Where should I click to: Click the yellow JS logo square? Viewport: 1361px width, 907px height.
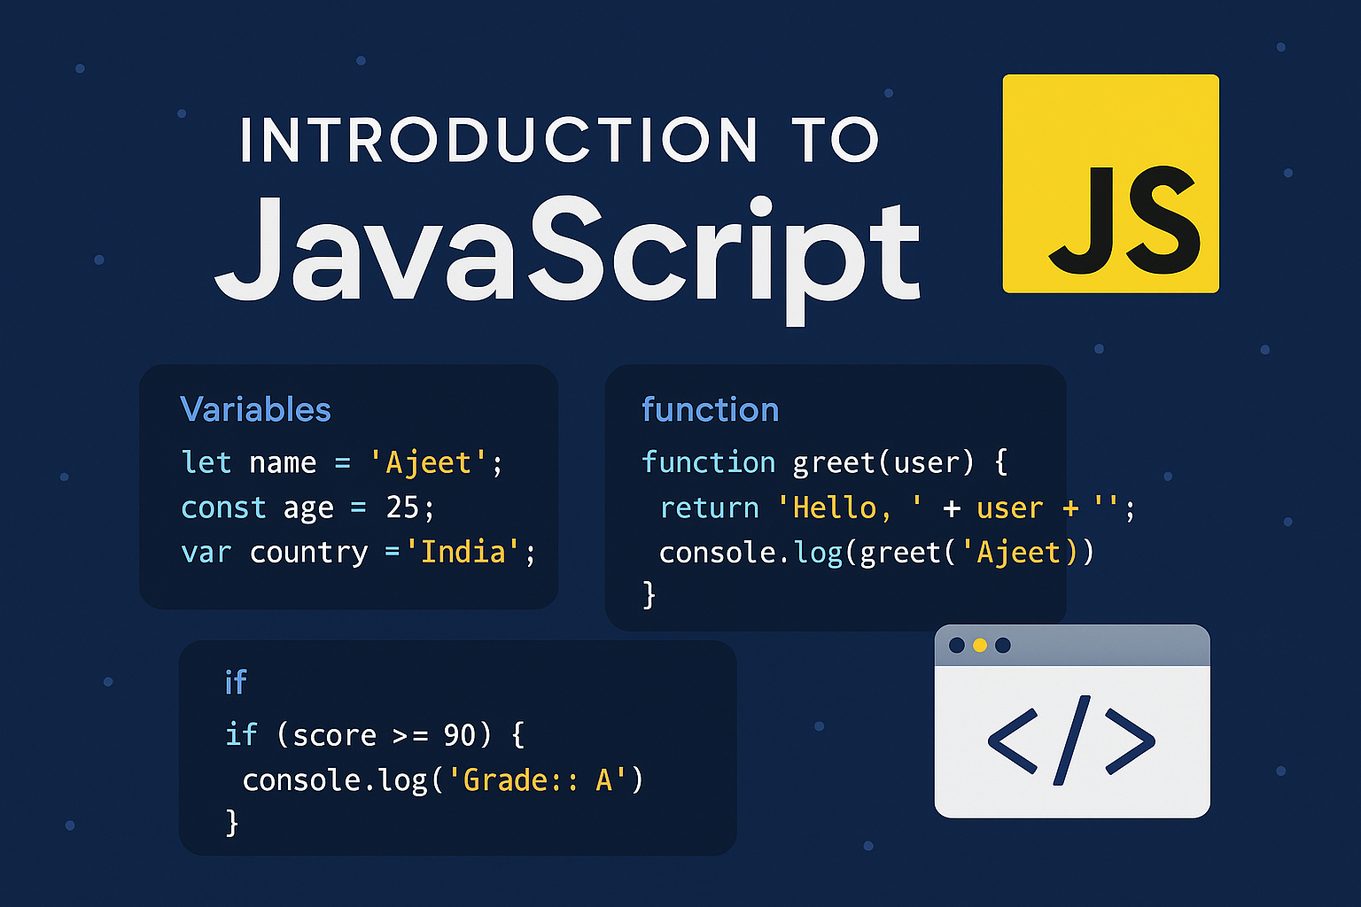(1110, 183)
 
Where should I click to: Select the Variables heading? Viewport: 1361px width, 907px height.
(256, 409)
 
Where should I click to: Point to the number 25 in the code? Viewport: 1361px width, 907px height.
(402, 507)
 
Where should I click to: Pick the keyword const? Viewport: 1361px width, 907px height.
(223, 508)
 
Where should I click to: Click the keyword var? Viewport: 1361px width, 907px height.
(206, 553)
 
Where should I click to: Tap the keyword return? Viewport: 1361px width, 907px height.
(710, 508)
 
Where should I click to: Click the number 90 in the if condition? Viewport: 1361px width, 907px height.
(459, 735)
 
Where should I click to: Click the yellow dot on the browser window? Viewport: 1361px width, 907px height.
(979, 645)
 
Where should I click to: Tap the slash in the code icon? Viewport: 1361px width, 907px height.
(1071, 740)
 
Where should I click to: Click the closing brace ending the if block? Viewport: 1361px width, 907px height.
(231, 823)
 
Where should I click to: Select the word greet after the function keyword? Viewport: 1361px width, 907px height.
(834, 463)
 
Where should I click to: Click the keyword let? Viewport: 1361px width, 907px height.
(206, 461)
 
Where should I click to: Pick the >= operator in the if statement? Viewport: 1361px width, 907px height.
(411, 736)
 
